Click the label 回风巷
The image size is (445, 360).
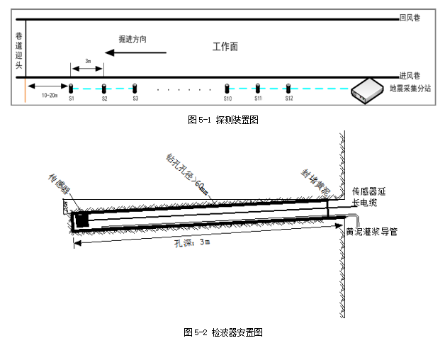pyautogui.click(x=411, y=17)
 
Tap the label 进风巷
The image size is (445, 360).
pyautogui.click(x=411, y=74)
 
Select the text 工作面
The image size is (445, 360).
pyautogui.click(x=225, y=47)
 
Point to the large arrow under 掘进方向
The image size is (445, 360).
pyautogui.click(x=135, y=52)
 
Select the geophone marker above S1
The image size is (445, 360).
pyautogui.click(x=71, y=89)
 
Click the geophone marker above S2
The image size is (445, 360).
pyautogui.click(x=103, y=89)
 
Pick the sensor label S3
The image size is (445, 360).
pyautogui.click(x=135, y=98)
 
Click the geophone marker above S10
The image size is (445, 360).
pyautogui.click(x=227, y=89)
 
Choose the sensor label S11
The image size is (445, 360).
pyautogui.click(x=258, y=98)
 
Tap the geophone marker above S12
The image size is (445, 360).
pyautogui.click(x=288, y=89)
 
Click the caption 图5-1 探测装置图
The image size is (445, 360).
pyautogui.click(x=222, y=120)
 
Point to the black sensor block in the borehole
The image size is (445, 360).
pyautogui.click(x=82, y=220)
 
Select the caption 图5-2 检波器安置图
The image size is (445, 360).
pyautogui.click(x=222, y=332)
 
